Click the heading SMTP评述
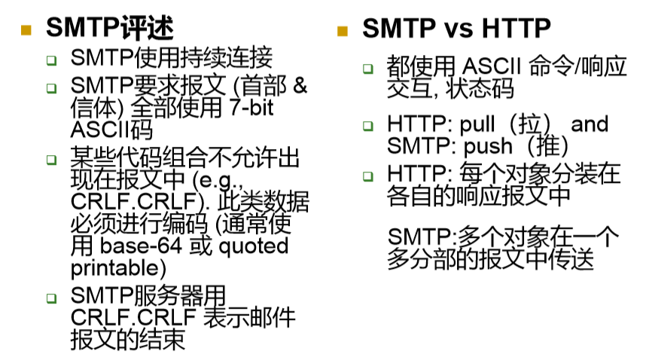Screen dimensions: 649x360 109,28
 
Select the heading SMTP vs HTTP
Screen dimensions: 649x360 456,28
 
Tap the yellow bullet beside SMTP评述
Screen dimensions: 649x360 26,30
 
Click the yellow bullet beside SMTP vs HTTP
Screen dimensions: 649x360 343,31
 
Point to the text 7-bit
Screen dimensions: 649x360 251,107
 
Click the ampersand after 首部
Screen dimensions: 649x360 300,85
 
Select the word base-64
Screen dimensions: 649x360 141,246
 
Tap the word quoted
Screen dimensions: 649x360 253,247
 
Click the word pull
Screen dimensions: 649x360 477,124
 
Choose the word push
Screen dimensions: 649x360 488,146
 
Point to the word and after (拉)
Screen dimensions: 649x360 590,124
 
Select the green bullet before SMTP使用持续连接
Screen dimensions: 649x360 51,60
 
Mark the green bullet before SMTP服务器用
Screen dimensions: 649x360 51,298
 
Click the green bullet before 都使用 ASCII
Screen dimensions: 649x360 367,69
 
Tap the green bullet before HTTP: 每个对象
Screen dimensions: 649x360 367,176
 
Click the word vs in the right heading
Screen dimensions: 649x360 459,29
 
